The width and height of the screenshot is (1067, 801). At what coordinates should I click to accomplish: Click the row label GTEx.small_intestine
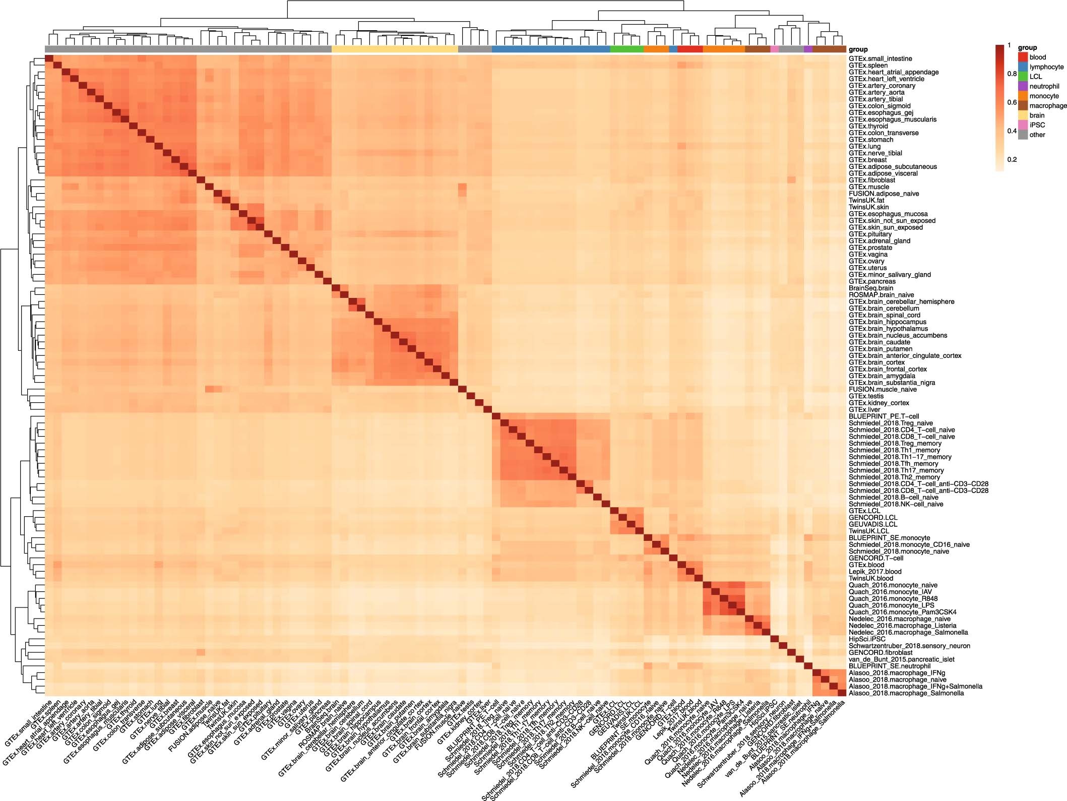tap(880, 58)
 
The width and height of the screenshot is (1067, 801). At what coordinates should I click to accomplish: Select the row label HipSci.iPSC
tap(867, 639)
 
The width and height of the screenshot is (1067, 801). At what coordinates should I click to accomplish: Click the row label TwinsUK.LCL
tap(869, 531)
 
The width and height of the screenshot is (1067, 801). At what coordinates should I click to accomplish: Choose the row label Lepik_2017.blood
tap(875, 571)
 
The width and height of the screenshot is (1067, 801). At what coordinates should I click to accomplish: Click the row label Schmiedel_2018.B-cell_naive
tap(894, 497)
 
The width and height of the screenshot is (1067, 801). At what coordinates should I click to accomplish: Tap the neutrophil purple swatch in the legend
tap(1023, 86)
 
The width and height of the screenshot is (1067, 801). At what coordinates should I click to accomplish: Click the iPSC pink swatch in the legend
tap(1023, 125)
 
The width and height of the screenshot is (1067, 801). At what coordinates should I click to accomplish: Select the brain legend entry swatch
tap(1023, 115)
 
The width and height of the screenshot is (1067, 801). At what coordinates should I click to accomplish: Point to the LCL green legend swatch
tap(1023, 77)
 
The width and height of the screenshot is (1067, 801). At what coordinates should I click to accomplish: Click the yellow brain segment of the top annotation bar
tap(395, 49)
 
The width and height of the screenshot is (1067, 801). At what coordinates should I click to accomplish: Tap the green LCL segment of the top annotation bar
tap(626, 49)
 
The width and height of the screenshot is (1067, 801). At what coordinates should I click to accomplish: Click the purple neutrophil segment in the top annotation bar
tap(808, 49)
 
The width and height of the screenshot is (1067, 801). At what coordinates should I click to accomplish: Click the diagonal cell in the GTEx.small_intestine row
tap(49, 58)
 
